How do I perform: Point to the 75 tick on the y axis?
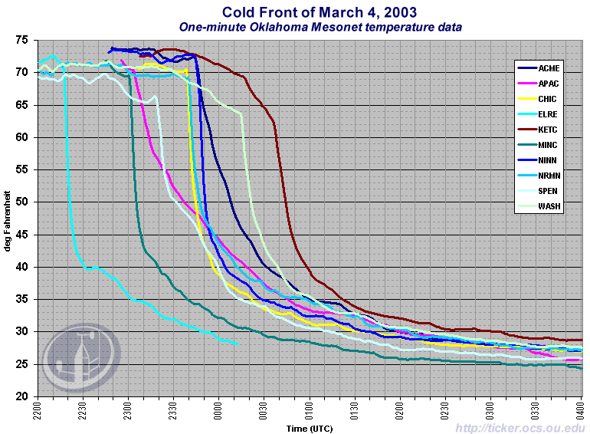click(22, 40)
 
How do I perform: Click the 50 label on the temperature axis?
click(22, 202)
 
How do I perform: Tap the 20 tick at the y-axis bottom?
click(22, 396)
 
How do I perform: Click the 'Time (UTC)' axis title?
click(310, 428)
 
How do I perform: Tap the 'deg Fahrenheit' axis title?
click(8, 218)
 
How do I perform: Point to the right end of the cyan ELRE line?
click(237, 344)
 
